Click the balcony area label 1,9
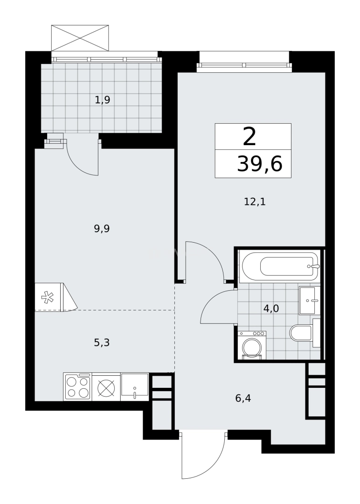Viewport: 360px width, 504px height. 102,99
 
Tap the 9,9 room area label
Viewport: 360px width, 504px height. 102,229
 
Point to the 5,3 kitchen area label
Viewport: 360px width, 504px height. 102,343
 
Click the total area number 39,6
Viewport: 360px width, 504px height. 260,164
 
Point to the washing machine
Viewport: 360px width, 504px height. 252,345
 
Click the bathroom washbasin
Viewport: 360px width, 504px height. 308,301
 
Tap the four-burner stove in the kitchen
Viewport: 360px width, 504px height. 77,387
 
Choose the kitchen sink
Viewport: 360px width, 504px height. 135,387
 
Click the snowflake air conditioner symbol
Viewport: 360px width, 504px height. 47,297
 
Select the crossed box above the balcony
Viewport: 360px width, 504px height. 80,37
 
